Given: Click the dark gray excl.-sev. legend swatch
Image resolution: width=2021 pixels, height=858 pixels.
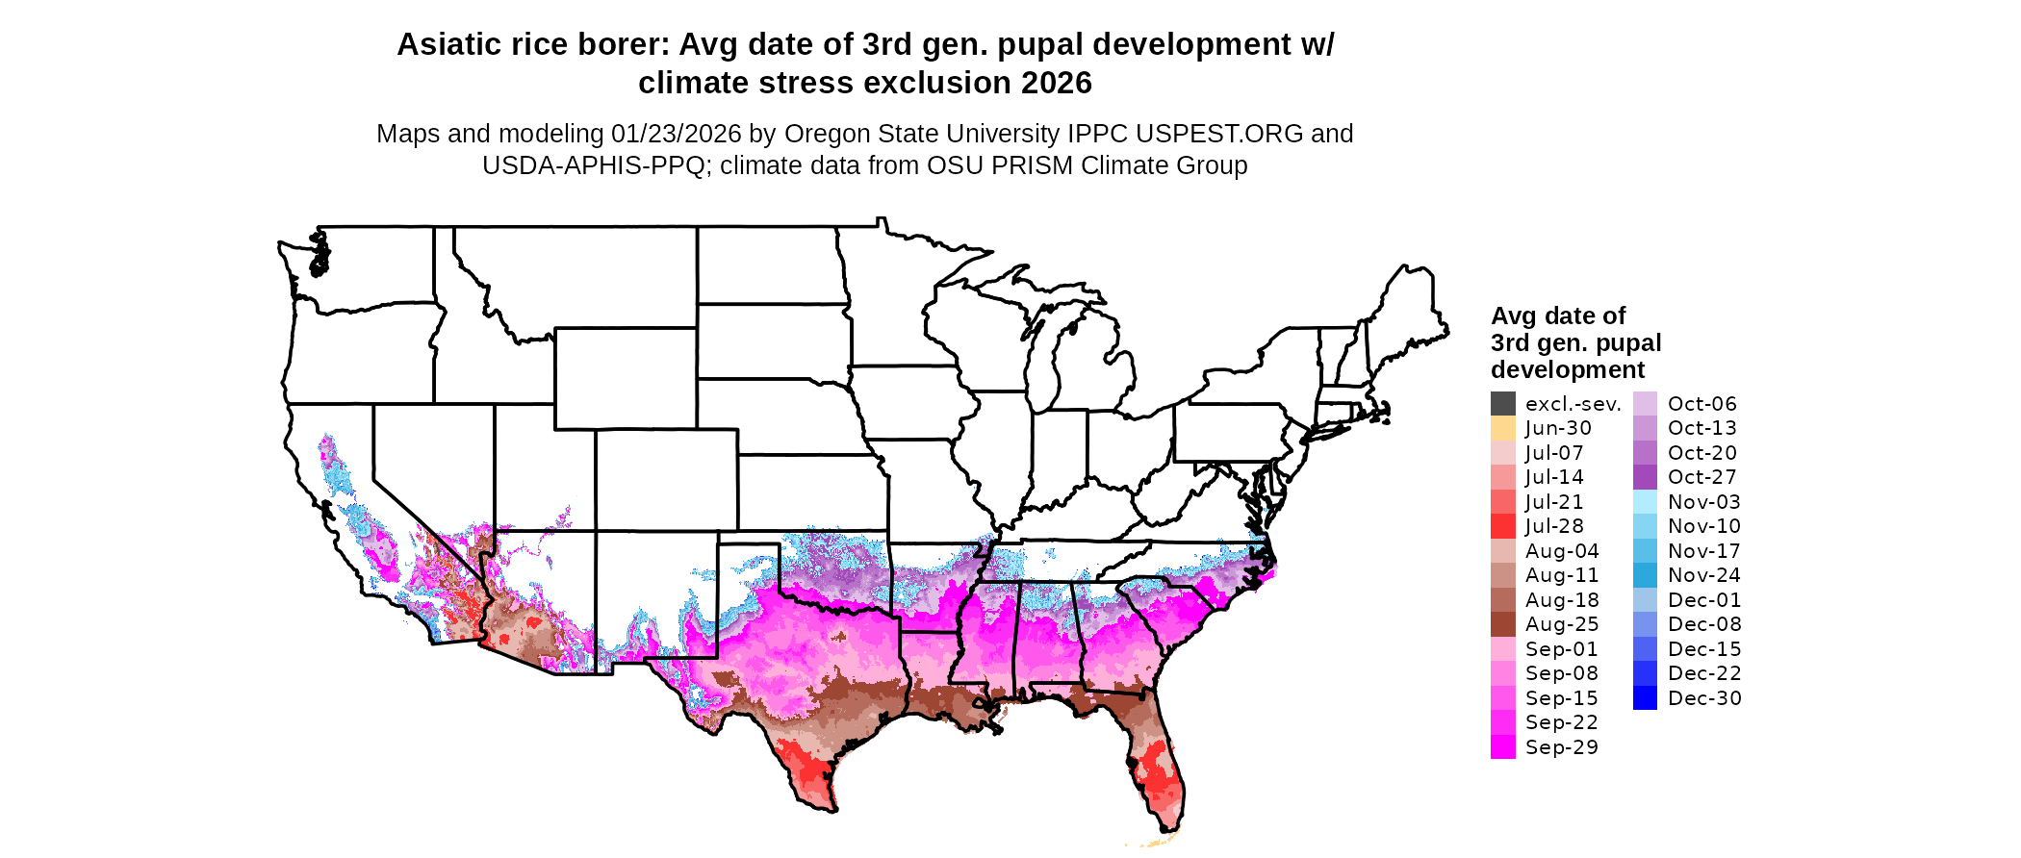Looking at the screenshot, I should tap(1502, 404).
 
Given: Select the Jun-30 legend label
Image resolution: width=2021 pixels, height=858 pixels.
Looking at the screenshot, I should tap(1558, 428).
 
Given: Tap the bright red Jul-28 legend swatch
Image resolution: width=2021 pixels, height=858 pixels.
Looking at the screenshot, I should tap(1502, 526).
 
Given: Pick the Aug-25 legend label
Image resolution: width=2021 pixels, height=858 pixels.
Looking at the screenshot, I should tap(1562, 624).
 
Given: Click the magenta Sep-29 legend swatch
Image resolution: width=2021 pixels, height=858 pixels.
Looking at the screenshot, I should tap(1502, 747).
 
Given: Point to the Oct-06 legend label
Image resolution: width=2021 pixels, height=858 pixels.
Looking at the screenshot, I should tap(1701, 404).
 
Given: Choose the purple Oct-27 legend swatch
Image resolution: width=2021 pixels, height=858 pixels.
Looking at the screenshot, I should tap(1645, 477).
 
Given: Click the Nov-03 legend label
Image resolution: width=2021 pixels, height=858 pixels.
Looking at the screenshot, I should tap(1703, 502).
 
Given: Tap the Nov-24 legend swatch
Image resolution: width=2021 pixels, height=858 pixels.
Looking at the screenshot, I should tap(1645, 575).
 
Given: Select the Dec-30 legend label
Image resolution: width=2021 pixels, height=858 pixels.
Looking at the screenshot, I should tap(1704, 698).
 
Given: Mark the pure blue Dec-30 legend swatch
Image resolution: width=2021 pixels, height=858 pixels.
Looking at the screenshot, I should tap(1645, 698).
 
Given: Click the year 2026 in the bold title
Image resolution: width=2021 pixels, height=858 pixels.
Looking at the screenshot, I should tap(1056, 83).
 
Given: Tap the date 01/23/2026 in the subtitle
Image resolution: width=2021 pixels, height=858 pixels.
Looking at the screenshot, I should tap(677, 134).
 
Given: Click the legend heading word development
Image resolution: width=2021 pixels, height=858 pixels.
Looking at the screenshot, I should tap(1568, 369).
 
